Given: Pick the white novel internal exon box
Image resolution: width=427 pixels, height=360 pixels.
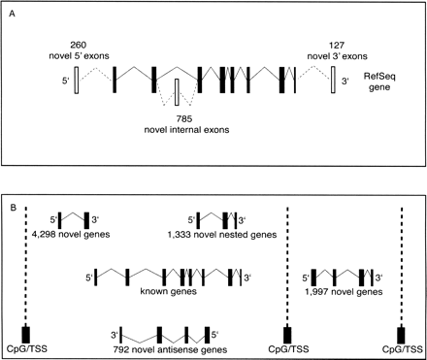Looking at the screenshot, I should coord(177,93).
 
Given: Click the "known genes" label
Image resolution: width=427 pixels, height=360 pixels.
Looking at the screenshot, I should coord(170,290).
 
